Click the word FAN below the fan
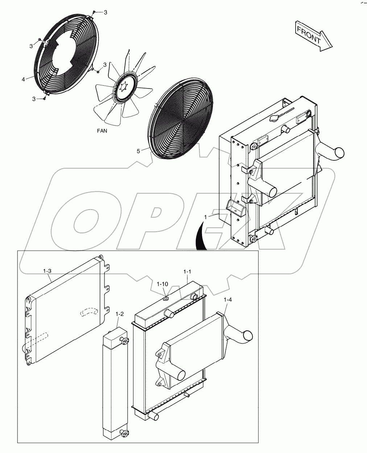pos(102,131)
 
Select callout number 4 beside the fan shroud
pos(24,79)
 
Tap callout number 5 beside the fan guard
pos(138,151)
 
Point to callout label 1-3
pos(47,271)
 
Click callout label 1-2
pos(119,314)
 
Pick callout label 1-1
pos(187,271)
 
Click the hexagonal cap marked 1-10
pos(166,299)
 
